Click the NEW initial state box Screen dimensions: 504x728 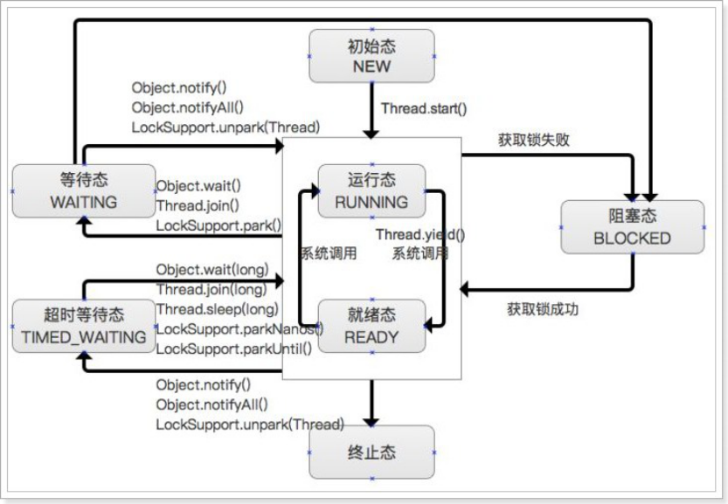(x=371, y=56)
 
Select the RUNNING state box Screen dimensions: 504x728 (x=371, y=190)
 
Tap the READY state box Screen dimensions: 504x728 (x=371, y=326)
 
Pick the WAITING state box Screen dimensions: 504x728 (x=85, y=190)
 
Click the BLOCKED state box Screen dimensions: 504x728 (x=632, y=227)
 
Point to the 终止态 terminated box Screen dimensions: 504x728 (x=371, y=452)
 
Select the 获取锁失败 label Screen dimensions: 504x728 (x=534, y=139)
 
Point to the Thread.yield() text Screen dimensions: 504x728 (x=420, y=235)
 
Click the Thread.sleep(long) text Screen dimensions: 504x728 (x=217, y=308)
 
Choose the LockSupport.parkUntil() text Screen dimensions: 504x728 (x=233, y=349)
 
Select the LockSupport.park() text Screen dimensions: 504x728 (x=218, y=224)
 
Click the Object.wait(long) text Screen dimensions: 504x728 (x=212, y=268)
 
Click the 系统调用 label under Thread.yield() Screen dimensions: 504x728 (x=420, y=254)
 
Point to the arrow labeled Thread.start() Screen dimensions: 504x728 (x=372, y=109)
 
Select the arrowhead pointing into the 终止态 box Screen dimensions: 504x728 (x=372, y=418)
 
